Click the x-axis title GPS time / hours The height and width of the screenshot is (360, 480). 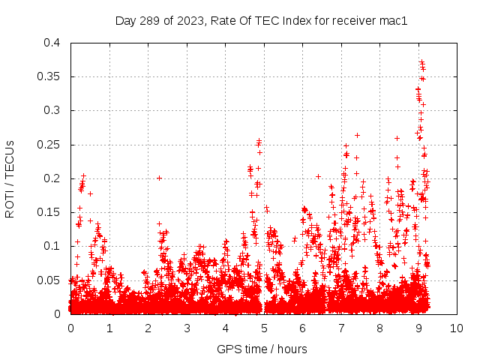click(262, 349)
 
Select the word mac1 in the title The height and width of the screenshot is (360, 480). click(393, 21)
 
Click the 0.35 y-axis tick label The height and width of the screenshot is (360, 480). click(49, 76)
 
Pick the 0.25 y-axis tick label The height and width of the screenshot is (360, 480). click(49, 145)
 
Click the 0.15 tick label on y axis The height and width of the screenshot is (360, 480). click(49, 212)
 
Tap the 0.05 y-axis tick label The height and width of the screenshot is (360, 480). click(49, 280)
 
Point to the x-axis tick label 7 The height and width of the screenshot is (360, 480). click(341, 328)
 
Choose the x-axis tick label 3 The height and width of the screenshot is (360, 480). click(187, 328)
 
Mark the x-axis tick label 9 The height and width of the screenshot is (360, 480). click(418, 328)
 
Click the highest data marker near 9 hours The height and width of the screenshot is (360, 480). click(421, 61)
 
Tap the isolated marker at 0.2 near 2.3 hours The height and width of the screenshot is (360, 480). click(159, 178)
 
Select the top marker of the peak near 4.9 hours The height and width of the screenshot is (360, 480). click(259, 140)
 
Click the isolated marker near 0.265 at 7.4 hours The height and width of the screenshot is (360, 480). click(357, 135)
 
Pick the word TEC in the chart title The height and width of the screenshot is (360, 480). click(269, 21)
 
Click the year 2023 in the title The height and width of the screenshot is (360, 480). click(190, 21)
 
